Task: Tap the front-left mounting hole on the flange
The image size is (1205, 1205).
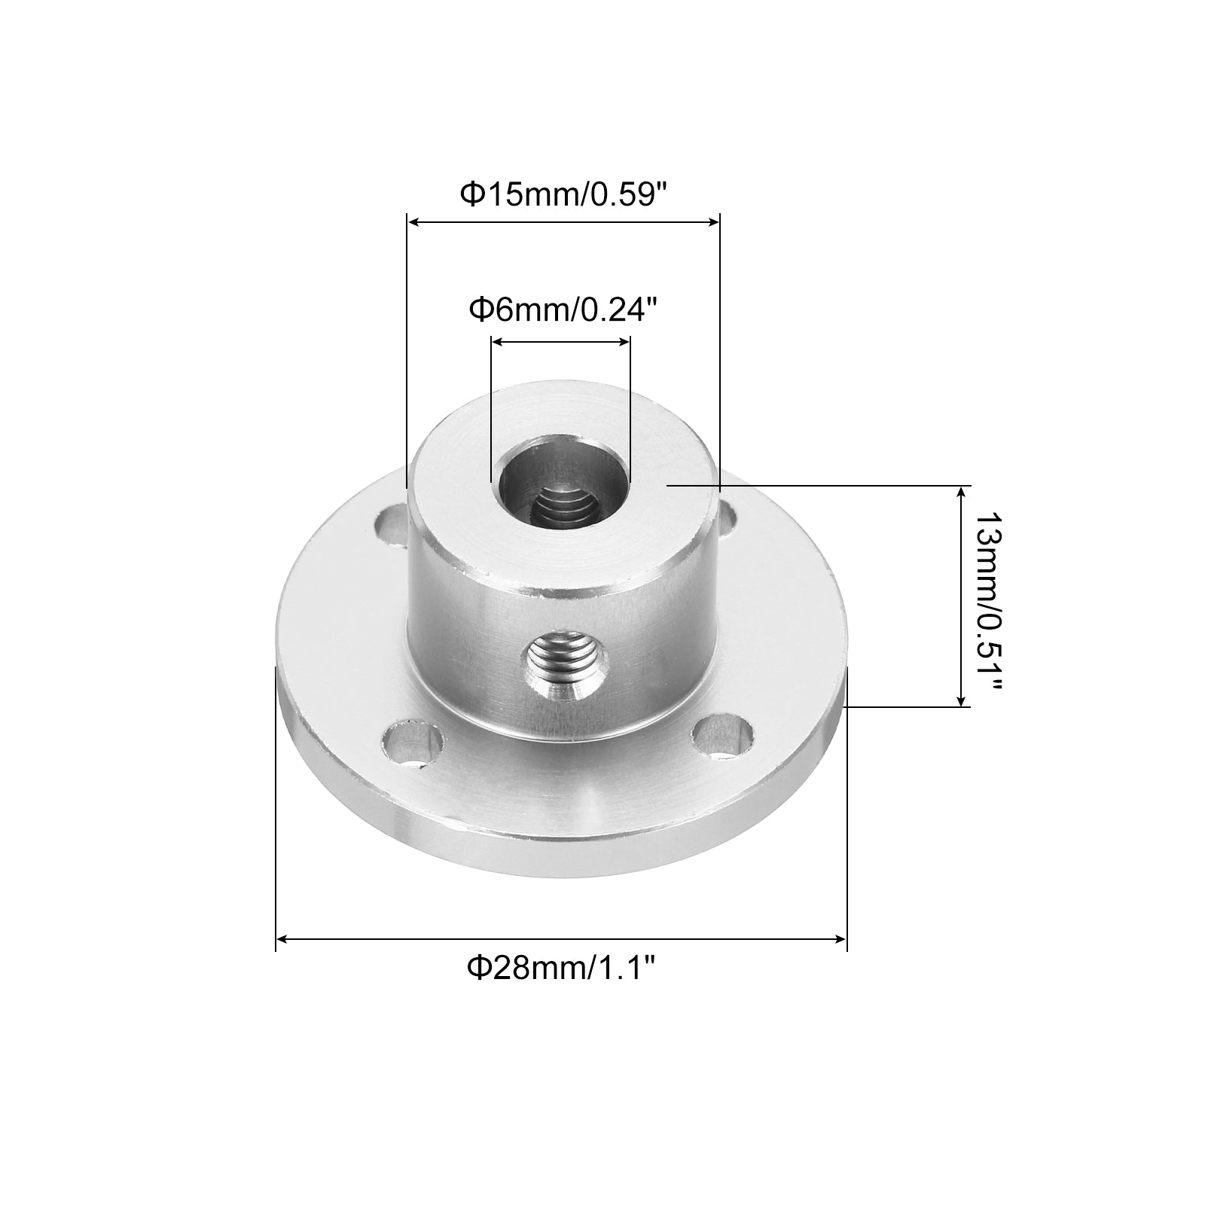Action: click(413, 745)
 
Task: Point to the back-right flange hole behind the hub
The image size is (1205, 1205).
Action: click(728, 519)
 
